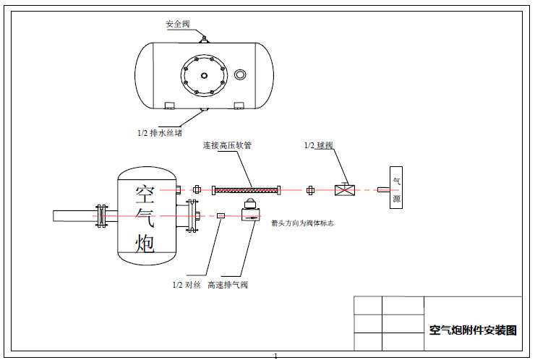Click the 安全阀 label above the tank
(178, 24)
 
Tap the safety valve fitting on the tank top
(205, 37)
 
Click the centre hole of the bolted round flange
(205, 74)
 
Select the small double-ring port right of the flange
(241, 74)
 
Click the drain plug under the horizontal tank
(205, 110)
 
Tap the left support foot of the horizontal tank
(170, 106)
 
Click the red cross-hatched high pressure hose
(246, 190)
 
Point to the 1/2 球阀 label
(318, 145)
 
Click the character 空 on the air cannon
(145, 193)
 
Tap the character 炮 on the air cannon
(145, 244)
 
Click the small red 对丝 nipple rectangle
(221, 215)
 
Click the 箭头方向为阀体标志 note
(302, 223)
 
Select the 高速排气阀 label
(228, 285)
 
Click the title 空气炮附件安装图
(474, 330)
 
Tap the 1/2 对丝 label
(187, 285)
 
